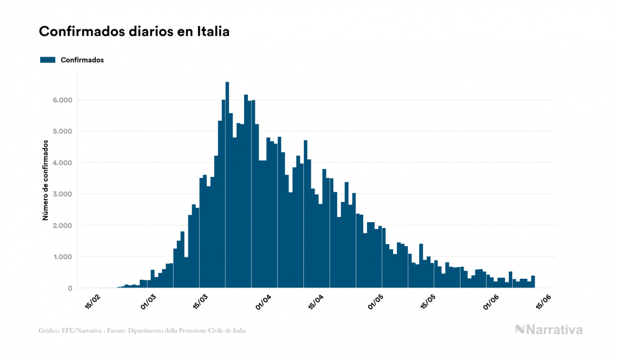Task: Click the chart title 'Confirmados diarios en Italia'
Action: [x=134, y=32]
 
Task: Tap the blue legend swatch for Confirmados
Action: [x=48, y=60]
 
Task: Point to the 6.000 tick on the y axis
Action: [x=62, y=100]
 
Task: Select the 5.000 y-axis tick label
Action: [x=62, y=131]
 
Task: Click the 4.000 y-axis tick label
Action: [x=62, y=163]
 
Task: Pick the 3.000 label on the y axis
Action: [x=62, y=194]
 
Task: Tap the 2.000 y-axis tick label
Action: [x=62, y=225]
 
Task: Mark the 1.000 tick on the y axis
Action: [x=62, y=257]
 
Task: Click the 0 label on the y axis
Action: [x=69, y=288]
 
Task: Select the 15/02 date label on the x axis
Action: [x=92, y=302]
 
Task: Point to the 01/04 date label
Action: [x=263, y=302]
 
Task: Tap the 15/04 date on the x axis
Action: [x=316, y=302]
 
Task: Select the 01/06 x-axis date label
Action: [x=491, y=302]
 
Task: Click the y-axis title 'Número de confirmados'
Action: [x=46, y=180]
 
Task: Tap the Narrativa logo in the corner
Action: [x=549, y=330]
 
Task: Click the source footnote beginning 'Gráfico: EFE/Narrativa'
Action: [x=143, y=331]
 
